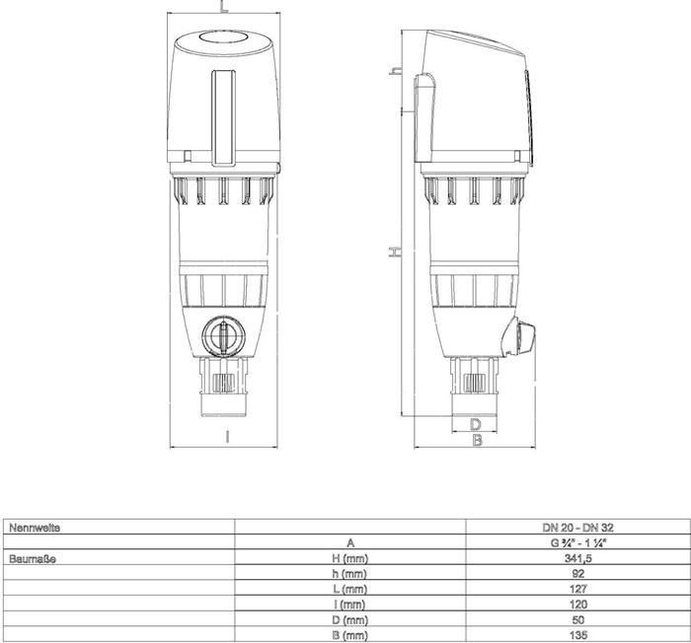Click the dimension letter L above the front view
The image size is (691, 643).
pyautogui.click(x=224, y=7)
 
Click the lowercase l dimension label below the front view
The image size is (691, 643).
pyautogui.click(x=227, y=434)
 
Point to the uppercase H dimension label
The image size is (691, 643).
pyautogui.click(x=395, y=252)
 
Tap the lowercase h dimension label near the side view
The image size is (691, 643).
pyautogui.click(x=395, y=71)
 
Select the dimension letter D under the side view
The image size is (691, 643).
pyautogui.click(x=476, y=424)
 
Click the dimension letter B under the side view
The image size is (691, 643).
pyautogui.click(x=477, y=441)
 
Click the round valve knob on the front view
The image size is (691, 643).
pyautogui.click(x=223, y=336)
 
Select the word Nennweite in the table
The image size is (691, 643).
pyautogui.click(x=35, y=528)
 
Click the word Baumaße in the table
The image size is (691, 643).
pyautogui.click(x=32, y=557)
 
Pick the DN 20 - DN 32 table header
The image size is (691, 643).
pyautogui.click(x=578, y=529)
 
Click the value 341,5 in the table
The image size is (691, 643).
pyautogui.click(x=578, y=558)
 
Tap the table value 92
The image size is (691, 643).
pyautogui.click(x=578, y=573)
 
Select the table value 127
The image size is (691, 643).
pyautogui.click(x=578, y=589)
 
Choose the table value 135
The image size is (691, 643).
pyautogui.click(x=578, y=635)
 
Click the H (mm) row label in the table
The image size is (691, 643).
pyautogui.click(x=349, y=558)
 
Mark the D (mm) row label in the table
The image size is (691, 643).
pyautogui.click(x=349, y=619)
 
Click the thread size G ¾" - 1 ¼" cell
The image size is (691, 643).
pyautogui.click(x=578, y=543)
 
